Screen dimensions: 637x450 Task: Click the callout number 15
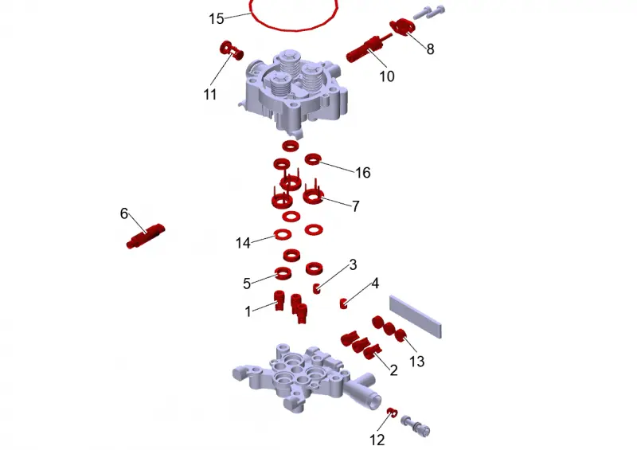(x=216, y=18)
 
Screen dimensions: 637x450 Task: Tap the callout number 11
(x=209, y=94)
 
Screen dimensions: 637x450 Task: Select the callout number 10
(x=387, y=76)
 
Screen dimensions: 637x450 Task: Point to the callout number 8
(x=430, y=49)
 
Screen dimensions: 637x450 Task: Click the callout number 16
(x=363, y=173)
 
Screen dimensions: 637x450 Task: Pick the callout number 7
(x=355, y=206)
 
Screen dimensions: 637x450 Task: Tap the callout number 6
(x=124, y=213)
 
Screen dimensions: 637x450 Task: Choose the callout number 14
(x=243, y=243)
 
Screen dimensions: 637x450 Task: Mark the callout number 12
(x=377, y=440)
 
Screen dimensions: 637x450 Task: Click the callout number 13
(x=416, y=362)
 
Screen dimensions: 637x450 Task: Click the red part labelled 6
(x=146, y=237)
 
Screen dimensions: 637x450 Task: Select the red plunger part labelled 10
(x=368, y=49)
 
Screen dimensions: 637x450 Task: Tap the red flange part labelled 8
(x=403, y=27)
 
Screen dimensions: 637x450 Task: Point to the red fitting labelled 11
(x=232, y=50)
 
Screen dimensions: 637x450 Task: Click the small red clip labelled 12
(x=392, y=412)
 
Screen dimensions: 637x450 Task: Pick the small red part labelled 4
(x=344, y=303)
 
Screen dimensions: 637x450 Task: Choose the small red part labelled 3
(x=317, y=288)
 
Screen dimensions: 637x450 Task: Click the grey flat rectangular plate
(x=415, y=316)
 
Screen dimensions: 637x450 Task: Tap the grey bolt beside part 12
(x=415, y=425)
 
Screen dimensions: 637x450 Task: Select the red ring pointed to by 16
(x=313, y=159)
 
